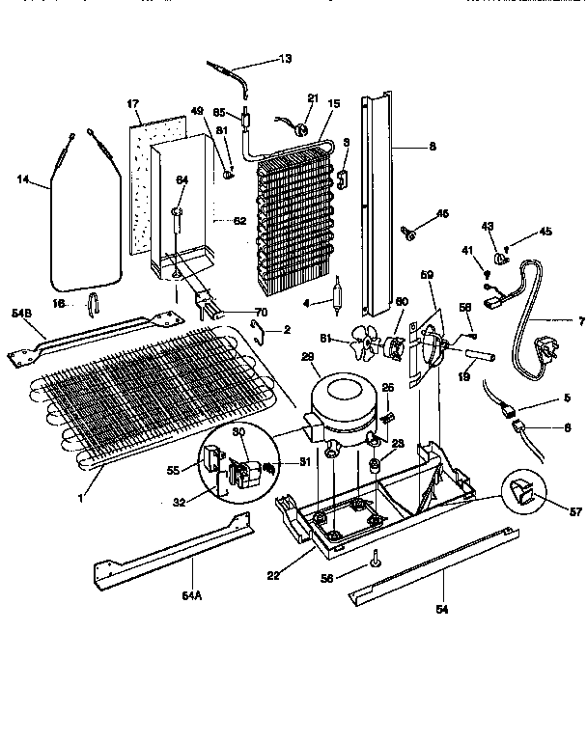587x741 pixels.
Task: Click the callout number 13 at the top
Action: (286, 59)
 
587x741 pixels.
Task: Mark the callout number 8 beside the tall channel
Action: (432, 148)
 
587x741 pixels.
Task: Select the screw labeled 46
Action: (411, 232)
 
